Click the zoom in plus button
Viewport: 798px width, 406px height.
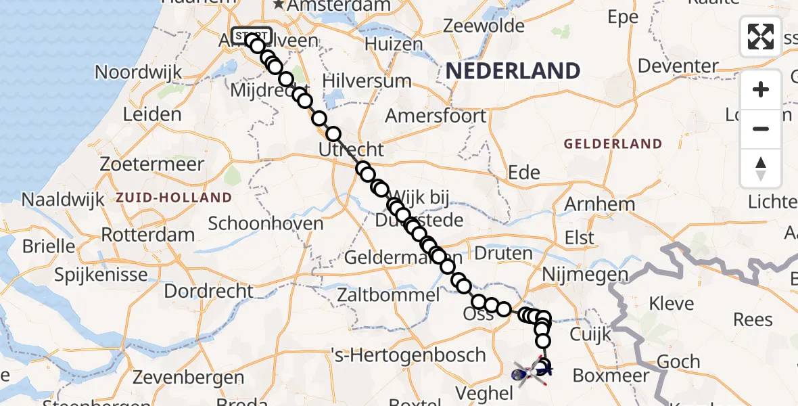click(761, 89)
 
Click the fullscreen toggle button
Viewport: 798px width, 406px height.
click(761, 37)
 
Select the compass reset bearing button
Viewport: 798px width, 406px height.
click(761, 168)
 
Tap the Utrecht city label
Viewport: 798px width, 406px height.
click(351, 150)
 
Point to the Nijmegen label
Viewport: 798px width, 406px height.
click(586, 275)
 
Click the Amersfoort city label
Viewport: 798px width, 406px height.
click(436, 116)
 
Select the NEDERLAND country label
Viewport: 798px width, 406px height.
click(513, 70)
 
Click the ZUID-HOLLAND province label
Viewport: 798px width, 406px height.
click(174, 198)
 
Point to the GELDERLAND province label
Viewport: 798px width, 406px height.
click(613, 143)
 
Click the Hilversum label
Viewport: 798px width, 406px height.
click(367, 81)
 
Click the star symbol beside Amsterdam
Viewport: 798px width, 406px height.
click(279, 5)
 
